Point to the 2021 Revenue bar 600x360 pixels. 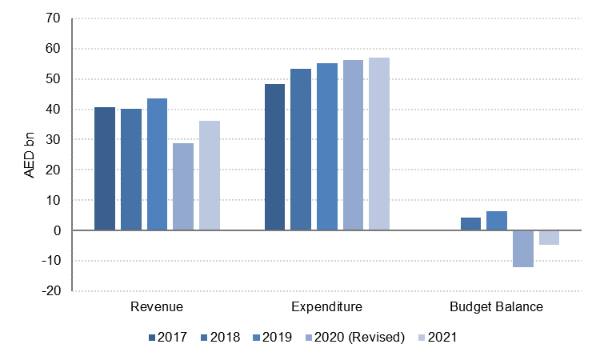[210, 175]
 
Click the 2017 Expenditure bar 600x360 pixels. [274, 157]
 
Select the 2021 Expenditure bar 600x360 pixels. [379, 144]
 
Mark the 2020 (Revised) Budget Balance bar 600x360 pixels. [523, 249]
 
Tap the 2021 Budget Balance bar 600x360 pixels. [549, 238]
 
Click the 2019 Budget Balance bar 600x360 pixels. [497, 221]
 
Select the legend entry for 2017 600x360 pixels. [168, 338]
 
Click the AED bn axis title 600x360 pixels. [30, 154]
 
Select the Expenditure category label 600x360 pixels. [326, 307]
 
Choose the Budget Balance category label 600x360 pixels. [496, 307]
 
